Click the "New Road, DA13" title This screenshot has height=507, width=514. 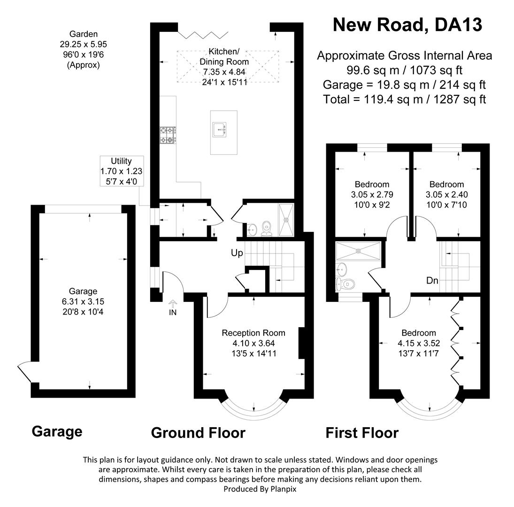click(x=407, y=25)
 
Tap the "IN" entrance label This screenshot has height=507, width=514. click(x=173, y=312)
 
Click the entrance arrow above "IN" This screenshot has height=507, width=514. click(x=173, y=303)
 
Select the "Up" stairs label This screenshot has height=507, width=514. click(x=237, y=253)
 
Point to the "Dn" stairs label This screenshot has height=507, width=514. click(x=432, y=281)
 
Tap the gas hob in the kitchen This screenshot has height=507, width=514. click(x=168, y=134)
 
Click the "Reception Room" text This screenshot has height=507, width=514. click(x=253, y=333)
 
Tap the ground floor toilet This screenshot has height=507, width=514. click(x=267, y=228)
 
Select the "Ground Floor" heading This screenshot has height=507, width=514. click(x=198, y=432)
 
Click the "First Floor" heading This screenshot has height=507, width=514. click(x=362, y=432)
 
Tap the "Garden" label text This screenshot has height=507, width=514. click(x=84, y=34)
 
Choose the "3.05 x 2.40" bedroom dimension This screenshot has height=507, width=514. click(x=446, y=195)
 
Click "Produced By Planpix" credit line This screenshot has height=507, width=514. click(x=260, y=489)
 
